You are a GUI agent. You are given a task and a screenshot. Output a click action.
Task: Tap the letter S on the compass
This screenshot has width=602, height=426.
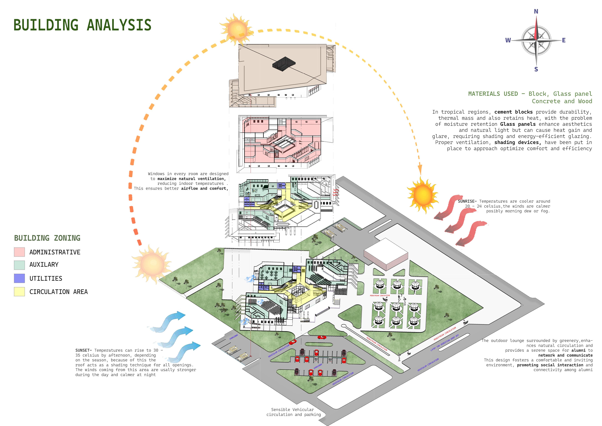point(536,69)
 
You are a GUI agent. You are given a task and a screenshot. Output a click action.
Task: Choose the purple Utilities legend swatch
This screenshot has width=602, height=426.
point(19,278)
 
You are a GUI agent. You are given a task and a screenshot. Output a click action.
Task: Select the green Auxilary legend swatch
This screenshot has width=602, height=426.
point(19,265)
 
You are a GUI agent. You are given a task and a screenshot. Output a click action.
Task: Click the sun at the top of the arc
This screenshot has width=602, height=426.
point(237,30)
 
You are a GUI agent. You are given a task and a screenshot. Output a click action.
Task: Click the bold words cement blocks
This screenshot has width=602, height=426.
point(513,112)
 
